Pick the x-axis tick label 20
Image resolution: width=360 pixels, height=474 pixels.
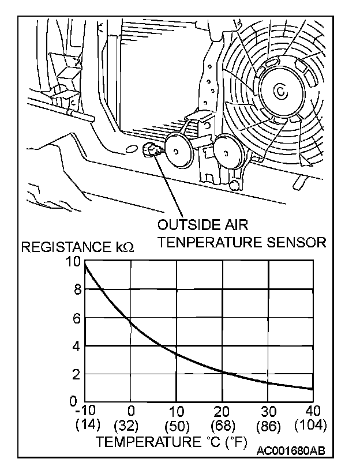222,411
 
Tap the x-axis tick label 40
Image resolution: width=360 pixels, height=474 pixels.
312,411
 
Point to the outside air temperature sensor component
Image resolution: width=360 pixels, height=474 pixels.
151,152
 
